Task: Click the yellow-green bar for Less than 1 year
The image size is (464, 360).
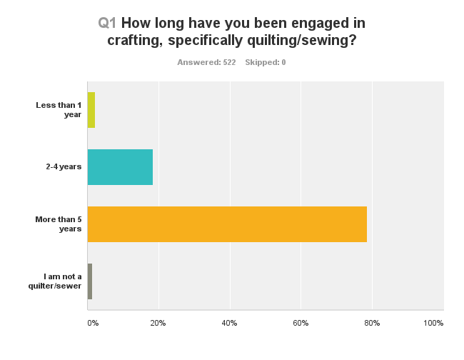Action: tap(91, 110)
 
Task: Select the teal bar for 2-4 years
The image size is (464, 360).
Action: tap(120, 167)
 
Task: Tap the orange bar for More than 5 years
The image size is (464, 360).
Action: tap(227, 224)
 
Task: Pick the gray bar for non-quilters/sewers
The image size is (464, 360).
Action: tap(90, 281)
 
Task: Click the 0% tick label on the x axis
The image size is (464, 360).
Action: tap(93, 324)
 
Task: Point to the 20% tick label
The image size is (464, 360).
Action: tap(158, 324)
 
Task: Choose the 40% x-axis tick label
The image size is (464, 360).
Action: tap(229, 324)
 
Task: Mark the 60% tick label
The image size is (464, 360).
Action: tap(301, 324)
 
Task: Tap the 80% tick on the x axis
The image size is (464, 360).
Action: tap(372, 324)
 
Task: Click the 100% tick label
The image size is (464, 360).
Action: tap(433, 324)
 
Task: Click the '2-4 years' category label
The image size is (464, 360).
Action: tap(63, 167)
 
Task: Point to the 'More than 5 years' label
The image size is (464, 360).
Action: tap(58, 224)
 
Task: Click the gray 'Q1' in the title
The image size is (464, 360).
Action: tap(107, 23)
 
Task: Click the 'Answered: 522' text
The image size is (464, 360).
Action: tap(206, 63)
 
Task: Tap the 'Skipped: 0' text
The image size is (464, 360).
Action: tap(266, 63)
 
